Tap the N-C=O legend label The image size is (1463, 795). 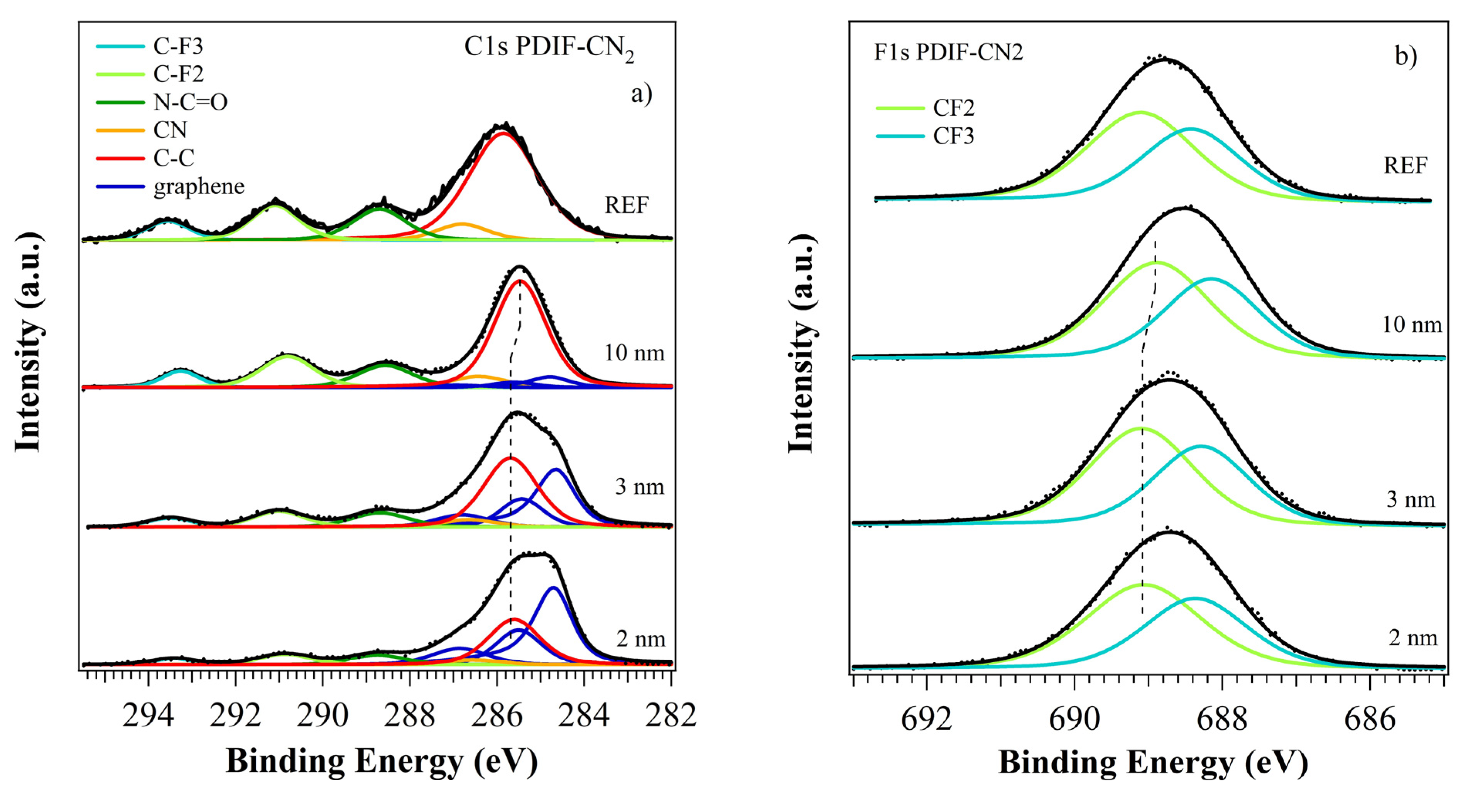[x=190, y=102]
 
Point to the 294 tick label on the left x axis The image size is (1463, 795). [x=148, y=716]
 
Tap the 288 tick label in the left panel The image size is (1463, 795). [x=409, y=716]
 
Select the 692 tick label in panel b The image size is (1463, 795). [x=926, y=719]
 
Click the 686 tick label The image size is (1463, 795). [x=1369, y=719]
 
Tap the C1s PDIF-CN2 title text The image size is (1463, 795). [x=549, y=48]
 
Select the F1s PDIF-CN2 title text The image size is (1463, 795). [x=948, y=52]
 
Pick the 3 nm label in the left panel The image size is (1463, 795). [x=640, y=487]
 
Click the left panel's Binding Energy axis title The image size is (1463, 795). [x=382, y=761]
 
